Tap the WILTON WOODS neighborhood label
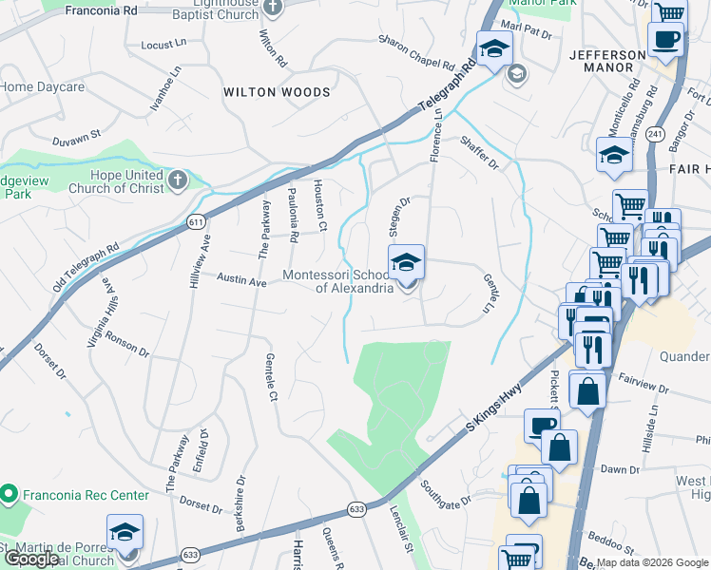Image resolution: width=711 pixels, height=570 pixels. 277,92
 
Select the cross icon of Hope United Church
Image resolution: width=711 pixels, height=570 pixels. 177,180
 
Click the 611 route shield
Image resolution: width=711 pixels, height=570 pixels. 197,222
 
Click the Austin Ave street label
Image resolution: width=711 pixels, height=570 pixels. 241,280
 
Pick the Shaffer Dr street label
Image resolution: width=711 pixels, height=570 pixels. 478,152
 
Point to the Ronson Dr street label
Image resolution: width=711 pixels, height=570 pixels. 127,343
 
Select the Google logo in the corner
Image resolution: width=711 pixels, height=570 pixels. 31,559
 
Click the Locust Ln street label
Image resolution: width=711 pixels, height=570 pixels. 163,45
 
